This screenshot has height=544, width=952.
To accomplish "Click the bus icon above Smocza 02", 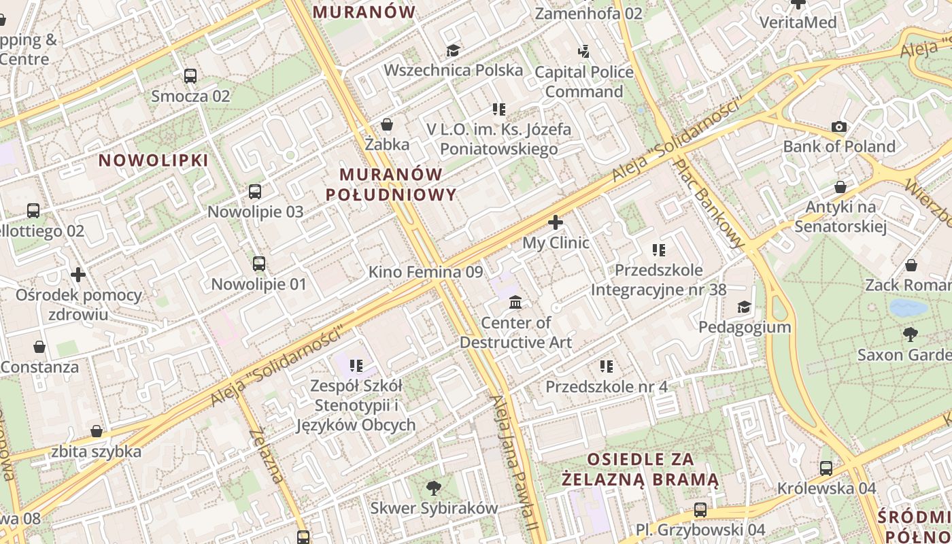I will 190,76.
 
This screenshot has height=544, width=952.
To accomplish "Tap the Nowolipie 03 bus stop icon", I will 255,192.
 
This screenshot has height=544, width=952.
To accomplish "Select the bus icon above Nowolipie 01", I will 259,264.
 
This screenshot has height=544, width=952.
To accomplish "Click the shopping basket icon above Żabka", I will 387,124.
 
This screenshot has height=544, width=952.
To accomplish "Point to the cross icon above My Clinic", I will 556,222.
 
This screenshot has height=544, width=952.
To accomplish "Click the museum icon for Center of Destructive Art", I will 515,302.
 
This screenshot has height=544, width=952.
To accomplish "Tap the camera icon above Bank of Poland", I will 839,126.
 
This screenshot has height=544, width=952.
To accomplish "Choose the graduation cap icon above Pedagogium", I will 745,307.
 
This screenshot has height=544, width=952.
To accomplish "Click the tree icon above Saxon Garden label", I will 910,334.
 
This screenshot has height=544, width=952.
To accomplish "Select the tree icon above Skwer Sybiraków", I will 433,488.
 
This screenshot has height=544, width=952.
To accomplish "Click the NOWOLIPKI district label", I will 154,160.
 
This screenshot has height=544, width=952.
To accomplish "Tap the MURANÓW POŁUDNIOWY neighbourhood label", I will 391,184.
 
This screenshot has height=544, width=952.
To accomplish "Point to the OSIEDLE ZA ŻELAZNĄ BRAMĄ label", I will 640,469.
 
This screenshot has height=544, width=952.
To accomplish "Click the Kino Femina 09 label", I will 426,273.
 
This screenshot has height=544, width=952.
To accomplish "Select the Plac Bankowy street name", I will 709,203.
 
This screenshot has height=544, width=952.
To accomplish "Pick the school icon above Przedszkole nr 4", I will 607,367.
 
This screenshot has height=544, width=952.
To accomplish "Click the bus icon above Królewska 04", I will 826,468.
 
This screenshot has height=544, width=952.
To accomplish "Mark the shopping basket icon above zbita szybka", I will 97,432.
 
